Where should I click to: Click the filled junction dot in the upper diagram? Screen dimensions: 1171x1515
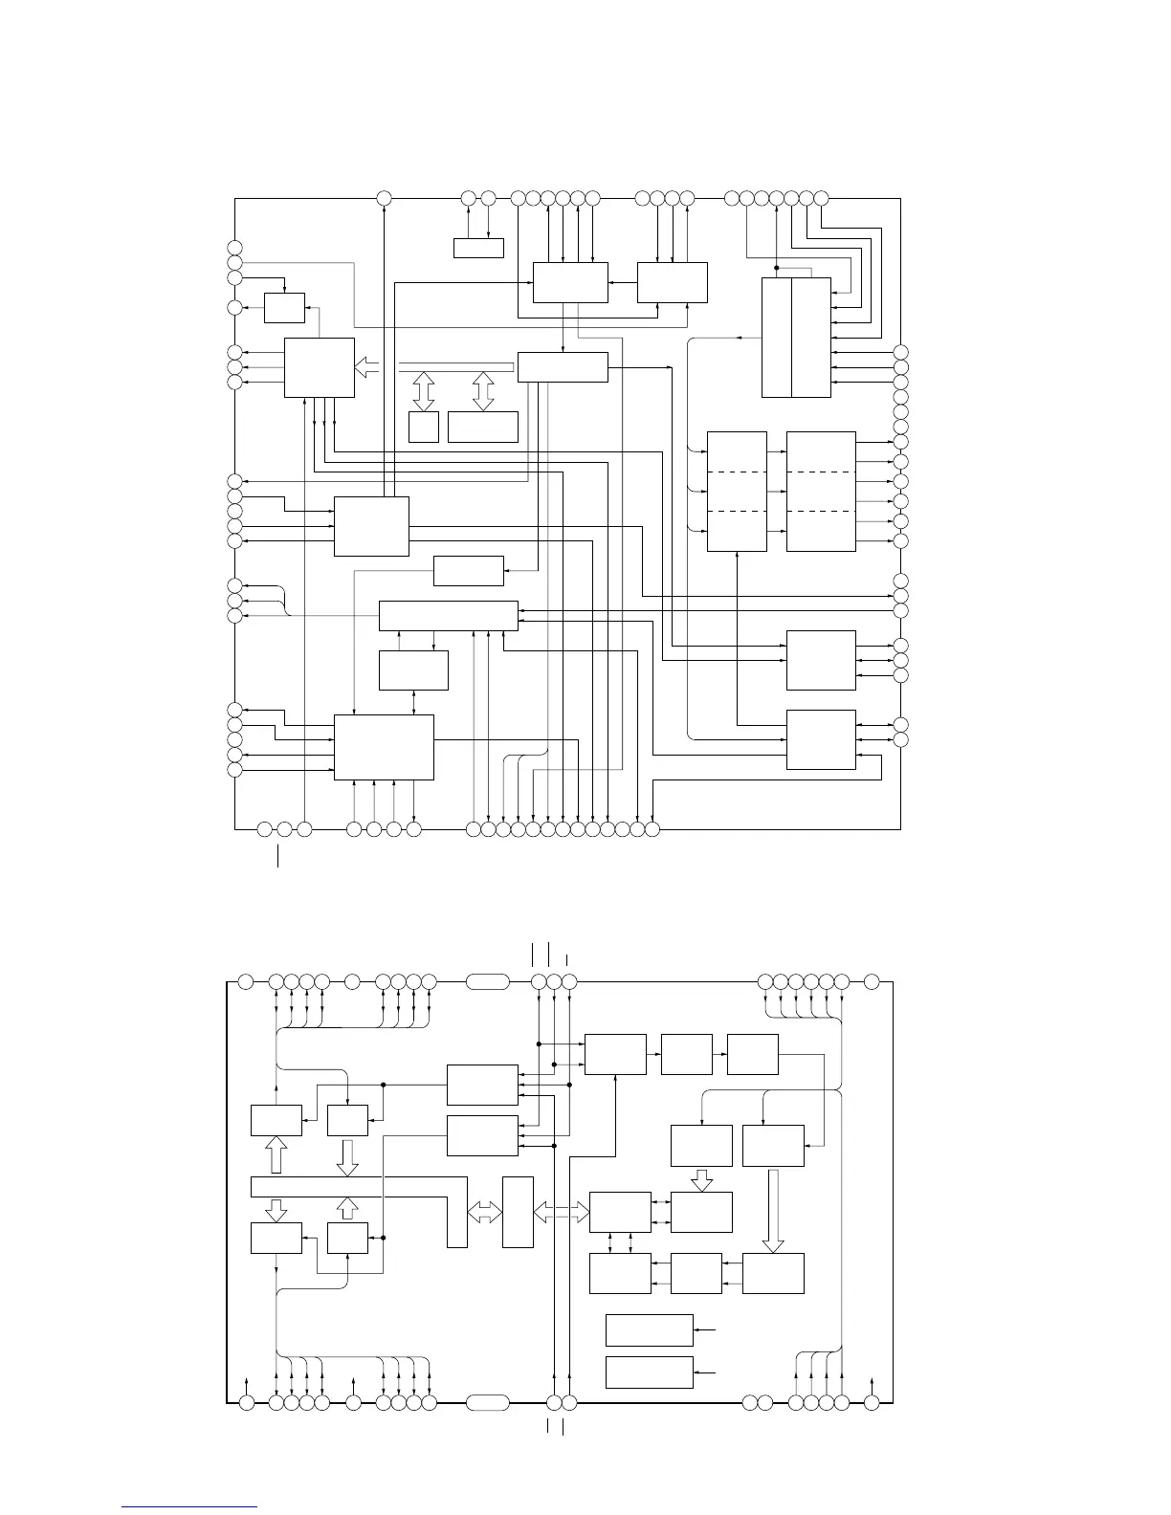[777, 268]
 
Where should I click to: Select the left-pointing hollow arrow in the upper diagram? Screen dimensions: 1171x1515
[367, 366]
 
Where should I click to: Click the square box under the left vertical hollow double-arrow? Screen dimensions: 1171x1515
[423, 427]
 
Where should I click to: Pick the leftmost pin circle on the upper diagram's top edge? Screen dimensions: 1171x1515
[384, 198]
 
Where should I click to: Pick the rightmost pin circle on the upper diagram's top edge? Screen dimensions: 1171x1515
[821, 198]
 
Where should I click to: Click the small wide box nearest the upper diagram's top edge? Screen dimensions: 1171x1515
[478, 249]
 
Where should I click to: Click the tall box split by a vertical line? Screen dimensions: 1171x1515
[796, 337]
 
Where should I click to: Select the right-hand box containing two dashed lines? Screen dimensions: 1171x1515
[821, 492]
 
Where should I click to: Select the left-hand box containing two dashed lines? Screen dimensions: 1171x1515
[737, 492]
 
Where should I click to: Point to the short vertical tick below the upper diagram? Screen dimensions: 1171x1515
[278, 854]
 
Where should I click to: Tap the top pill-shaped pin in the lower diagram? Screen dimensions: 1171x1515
[488, 980]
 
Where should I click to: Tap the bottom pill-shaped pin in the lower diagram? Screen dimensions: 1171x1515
[488, 1403]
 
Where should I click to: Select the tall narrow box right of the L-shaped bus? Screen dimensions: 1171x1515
[518, 1212]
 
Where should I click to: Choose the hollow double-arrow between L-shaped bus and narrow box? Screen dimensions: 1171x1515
[485, 1213]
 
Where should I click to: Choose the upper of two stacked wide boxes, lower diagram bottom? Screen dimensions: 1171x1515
[650, 1329]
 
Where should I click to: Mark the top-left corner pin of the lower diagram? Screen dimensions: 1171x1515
[245, 980]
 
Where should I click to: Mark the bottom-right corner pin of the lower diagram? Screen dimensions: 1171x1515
[872, 1403]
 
